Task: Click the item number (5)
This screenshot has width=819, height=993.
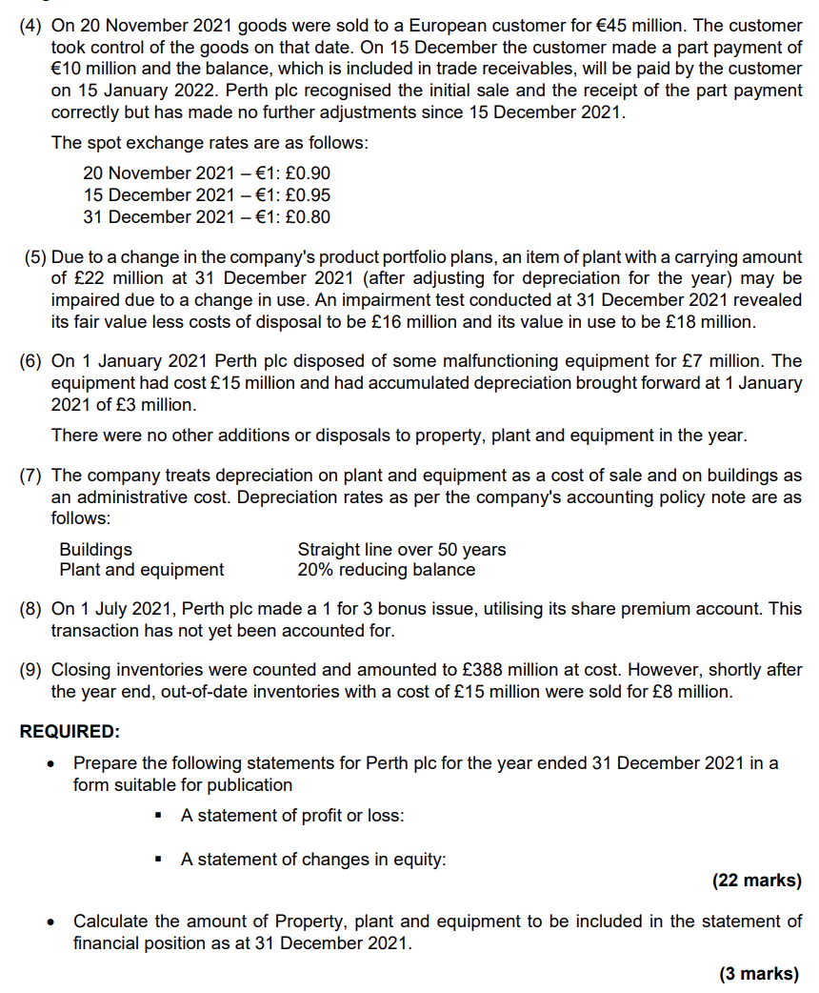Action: [x=34, y=257]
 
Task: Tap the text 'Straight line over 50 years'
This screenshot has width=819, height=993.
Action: [x=401, y=550]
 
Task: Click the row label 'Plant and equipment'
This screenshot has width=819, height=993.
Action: [x=141, y=570]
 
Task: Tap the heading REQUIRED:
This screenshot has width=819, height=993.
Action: [x=70, y=732]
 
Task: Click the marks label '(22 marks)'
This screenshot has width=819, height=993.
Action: [x=756, y=881]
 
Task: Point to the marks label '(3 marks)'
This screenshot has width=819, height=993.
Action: [x=760, y=973]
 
